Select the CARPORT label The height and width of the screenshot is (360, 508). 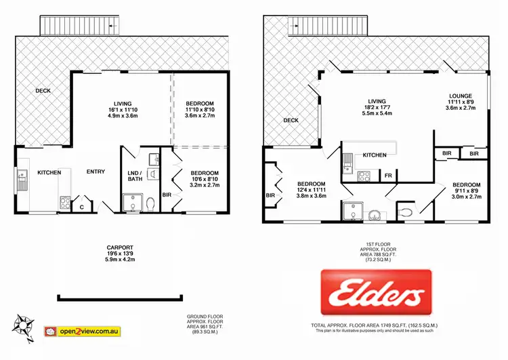(x=120, y=247)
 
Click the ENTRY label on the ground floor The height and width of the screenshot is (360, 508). (x=96, y=172)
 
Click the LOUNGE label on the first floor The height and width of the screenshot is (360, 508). (x=459, y=96)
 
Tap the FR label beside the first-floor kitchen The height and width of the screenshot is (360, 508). (x=388, y=176)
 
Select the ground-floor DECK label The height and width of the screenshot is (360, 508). (x=43, y=90)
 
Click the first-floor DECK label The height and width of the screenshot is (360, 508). (x=291, y=120)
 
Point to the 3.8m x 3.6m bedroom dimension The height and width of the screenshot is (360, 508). (x=311, y=197)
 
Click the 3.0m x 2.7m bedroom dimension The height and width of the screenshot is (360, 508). (x=466, y=197)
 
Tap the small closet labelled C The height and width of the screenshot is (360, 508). (x=82, y=207)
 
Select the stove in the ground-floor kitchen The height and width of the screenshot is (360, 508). (x=66, y=201)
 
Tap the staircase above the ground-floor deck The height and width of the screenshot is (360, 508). (x=81, y=26)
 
